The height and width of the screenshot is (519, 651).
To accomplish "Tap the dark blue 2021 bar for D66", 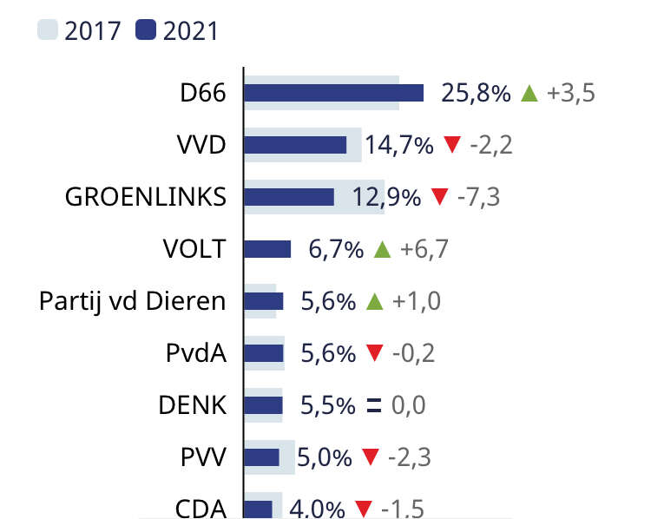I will tap(333, 93).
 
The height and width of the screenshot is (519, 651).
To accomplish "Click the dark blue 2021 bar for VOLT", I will tap(267, 249).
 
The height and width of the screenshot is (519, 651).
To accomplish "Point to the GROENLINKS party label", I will tap(146, 197).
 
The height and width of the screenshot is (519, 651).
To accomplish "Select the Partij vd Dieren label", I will tap(133, 301).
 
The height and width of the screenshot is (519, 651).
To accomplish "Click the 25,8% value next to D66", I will tap(476, 93).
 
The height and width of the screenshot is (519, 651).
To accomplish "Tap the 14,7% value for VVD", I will tap(398, 145).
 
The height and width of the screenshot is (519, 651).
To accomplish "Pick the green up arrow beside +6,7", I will tap(382, 250).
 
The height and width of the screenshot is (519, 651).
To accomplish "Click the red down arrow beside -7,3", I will tap(439, 198).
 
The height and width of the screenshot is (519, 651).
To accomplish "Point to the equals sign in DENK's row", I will tap(374, 405).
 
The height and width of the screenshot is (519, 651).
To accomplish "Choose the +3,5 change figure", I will tap(570, 93).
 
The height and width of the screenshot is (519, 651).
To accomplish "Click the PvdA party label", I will tap(195, 353).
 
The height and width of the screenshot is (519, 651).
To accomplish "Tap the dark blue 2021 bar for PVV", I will tap(261, 457).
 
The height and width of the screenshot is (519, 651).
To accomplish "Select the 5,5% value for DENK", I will tap(328, 405).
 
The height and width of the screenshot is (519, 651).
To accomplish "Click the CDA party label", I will tap(201, 508).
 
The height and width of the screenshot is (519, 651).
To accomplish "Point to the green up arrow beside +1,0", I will tap(374, 302).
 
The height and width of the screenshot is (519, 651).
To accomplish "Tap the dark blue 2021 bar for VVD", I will tap(295, 145).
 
